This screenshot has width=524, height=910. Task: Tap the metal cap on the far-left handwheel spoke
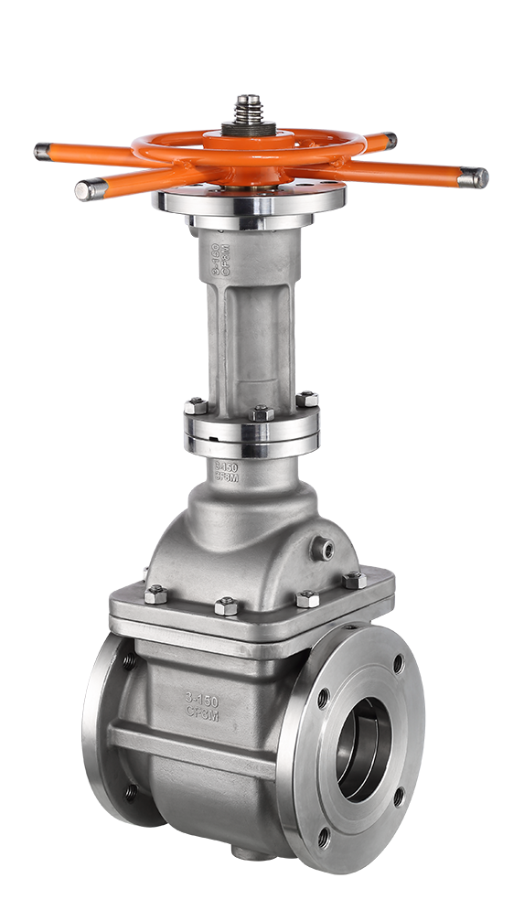pos(43,153)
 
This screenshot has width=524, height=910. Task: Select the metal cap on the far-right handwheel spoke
pos(472,177)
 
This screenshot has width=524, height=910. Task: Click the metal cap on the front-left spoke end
pos(88,189)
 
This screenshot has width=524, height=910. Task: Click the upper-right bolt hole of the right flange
pos(398,663)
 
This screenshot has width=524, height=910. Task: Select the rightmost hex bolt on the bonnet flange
pos(353,579)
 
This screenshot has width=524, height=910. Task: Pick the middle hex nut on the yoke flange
pos(262,412)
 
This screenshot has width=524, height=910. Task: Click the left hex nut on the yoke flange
pos(196,406)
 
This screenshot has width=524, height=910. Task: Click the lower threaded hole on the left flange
pos(130,792)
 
